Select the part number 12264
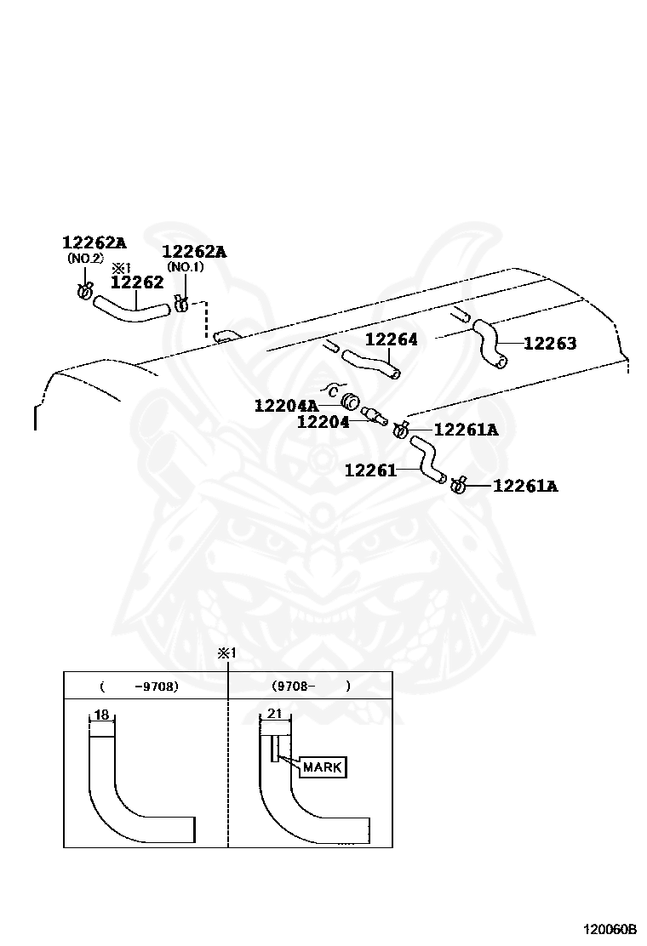pos(392,339)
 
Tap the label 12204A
pos(285,406)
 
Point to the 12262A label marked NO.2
pos(94,242)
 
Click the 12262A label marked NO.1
pos(194,251)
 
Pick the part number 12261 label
pos(370,470)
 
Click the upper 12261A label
pos(466,430)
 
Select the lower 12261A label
pos(525,486)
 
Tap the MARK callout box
pos(322,767)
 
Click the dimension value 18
pos(101,715)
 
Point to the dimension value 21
pos(274,715)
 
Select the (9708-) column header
pos(311,686)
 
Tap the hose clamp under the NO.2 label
pos(84,293)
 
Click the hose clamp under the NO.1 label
pos(180,303)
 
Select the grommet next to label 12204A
pos(348,402)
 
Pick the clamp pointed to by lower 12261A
pos(458,485)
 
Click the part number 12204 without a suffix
pos(323,421)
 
